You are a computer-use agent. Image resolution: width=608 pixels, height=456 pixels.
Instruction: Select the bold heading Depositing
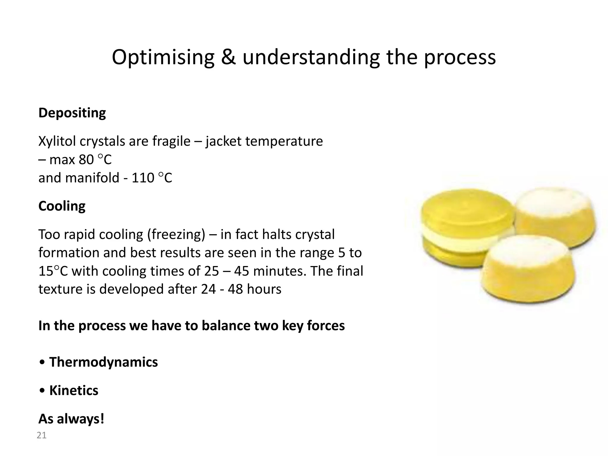pyautogui.click(x=72, y=113)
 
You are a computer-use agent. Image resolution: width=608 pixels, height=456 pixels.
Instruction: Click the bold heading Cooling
pyautogui.click(x=62, y=206)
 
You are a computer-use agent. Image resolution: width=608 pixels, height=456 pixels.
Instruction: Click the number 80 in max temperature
pyautogui.click(x=86, y=160)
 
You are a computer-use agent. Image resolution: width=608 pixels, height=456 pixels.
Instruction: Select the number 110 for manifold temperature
pyautogui.click(x=143, y=178)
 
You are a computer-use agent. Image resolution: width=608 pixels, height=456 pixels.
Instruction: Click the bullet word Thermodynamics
pyautogui.click(x=103, y=362)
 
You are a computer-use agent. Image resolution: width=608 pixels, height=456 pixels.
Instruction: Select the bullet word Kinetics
pyautogui.click(x=74, y=390)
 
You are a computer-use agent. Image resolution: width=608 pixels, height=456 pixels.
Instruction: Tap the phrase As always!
pyautogui.click(x=71, y=419)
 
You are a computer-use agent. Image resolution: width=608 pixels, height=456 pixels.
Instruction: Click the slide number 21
pyautogui.click(x=42, y=435)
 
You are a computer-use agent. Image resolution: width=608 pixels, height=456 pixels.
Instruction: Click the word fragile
pyautogui.click(x=171, y=141)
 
